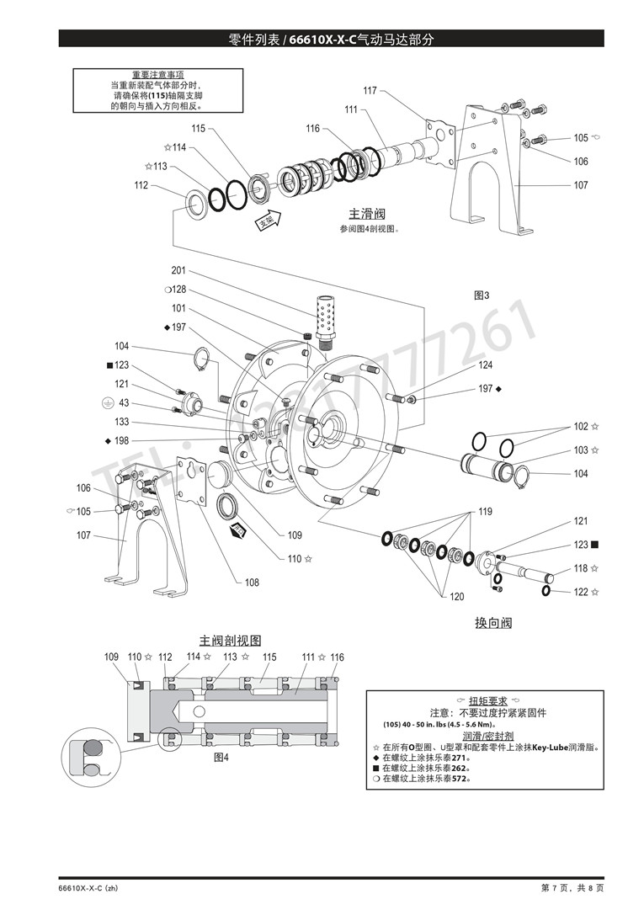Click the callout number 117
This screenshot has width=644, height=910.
coord(370,91)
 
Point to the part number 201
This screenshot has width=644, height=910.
coord(178,271)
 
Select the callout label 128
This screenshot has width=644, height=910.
coord(179,290)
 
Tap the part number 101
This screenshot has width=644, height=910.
coord(178,308)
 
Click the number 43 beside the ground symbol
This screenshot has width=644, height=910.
coord(124,403)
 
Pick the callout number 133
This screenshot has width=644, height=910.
coord(122,422)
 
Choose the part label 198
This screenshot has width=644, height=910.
coord(122,440)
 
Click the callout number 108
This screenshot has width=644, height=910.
coord(252,583)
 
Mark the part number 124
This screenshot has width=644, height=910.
coord(486,365)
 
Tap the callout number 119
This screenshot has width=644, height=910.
coord(486,512)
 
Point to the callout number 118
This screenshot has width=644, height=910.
coord(581,569)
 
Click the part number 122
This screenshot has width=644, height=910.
coord(581,592)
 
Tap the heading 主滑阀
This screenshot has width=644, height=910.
coord(367,213)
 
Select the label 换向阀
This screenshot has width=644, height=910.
coord(493,623)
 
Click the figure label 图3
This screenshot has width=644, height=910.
coord(482,295)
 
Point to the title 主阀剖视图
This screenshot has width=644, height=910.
coord(230,641)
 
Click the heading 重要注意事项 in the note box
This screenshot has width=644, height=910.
coord(158,75)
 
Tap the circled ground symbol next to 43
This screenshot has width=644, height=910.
coord(104,403)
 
